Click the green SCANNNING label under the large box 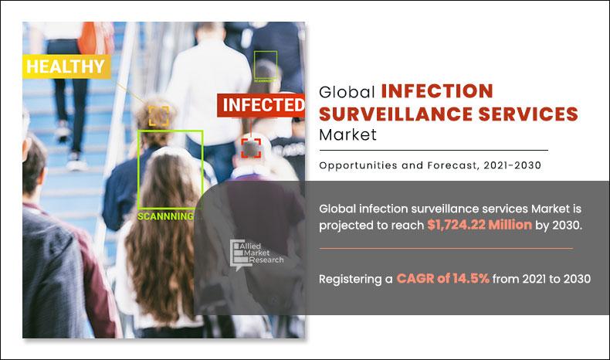tap(164, 216)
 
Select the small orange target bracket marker tap(159, 116)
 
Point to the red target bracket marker tap(250, 147)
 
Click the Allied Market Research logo tap(257, 253)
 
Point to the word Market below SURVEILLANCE tap(347, 136)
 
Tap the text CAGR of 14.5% tap(443, 279)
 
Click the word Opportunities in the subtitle tap(358, 165)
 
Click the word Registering tap(350, 279)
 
